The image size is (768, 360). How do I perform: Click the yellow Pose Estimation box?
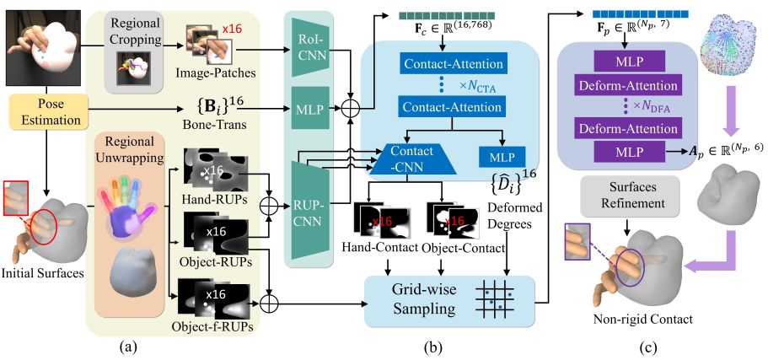click(x=46, y=112)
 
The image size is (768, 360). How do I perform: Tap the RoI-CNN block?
click(x=309, y=47)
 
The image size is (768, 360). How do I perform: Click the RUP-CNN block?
click(x=309, y=211)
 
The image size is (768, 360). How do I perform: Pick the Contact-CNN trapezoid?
click(x=412, y=159)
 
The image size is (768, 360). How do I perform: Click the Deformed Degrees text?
click(x=515, y=216)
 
